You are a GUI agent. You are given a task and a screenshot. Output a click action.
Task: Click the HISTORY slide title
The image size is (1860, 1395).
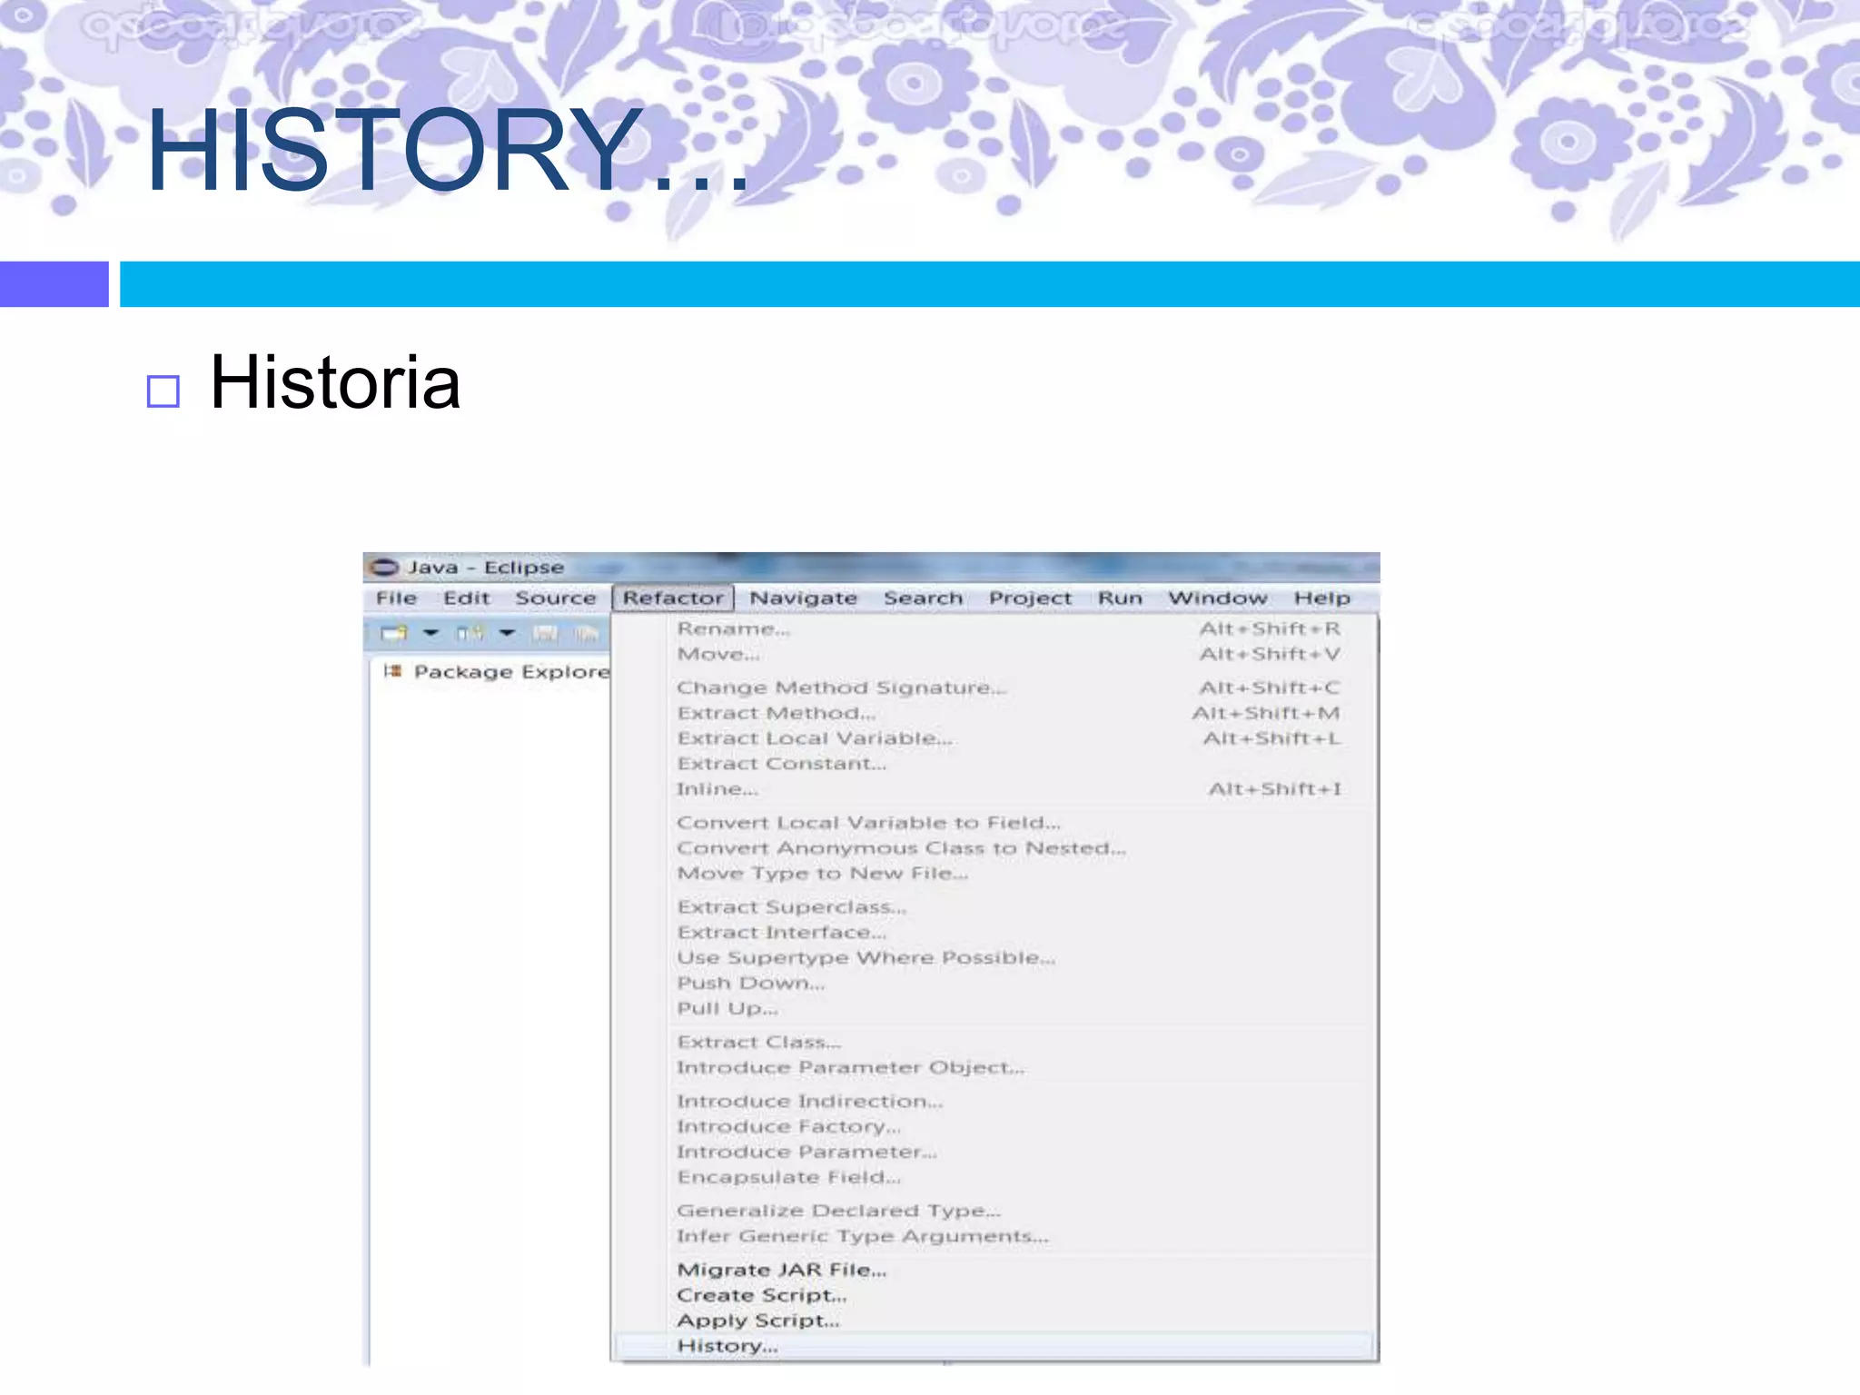(x=445, y=150)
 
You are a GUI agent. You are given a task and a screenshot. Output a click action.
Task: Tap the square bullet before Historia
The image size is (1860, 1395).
(x=163, y=391)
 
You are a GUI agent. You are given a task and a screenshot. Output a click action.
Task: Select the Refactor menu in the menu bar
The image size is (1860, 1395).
(x=673, y=598)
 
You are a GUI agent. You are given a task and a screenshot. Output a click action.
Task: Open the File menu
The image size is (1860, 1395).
(x=396, y=598)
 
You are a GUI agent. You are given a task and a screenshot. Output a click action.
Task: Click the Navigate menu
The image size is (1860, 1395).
(x=803, y=598)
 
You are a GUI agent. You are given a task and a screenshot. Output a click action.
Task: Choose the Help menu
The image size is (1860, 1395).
(x=1321, y=598)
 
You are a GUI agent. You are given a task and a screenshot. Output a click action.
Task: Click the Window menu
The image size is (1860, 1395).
(x=1217, y=598)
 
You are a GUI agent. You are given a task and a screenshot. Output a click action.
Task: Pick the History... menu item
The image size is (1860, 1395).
(x=727, y=1346)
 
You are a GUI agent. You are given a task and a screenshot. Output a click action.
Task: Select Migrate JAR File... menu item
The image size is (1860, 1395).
(x=781, y=1270)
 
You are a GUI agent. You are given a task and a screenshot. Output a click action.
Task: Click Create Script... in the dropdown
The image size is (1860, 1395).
(x=761, y=1295)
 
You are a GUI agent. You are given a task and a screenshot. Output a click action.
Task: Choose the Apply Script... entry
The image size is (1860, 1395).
(x=757, y=1321)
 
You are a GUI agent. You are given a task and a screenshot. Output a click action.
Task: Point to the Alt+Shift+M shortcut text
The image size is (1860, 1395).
(x=1266, y=713)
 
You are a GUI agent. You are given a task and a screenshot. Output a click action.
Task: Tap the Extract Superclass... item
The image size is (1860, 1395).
(x=791, y=907)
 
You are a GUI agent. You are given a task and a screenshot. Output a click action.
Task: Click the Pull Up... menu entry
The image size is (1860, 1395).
(x=727, y=1008)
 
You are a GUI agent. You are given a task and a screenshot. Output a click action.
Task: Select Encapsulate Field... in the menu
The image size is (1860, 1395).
(x=788, y=1177)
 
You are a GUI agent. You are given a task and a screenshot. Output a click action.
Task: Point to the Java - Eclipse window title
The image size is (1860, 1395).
(x=485, y=567)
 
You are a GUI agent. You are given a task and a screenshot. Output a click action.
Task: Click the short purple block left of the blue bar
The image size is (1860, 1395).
(x=54, y=284)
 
